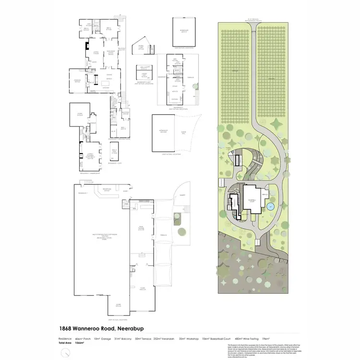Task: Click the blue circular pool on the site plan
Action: [x=270, y=207]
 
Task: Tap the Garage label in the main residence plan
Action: [x=76, y=81]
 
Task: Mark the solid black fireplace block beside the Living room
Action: [x=87, y=47]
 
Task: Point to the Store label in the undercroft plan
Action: [x=80, y=114]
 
